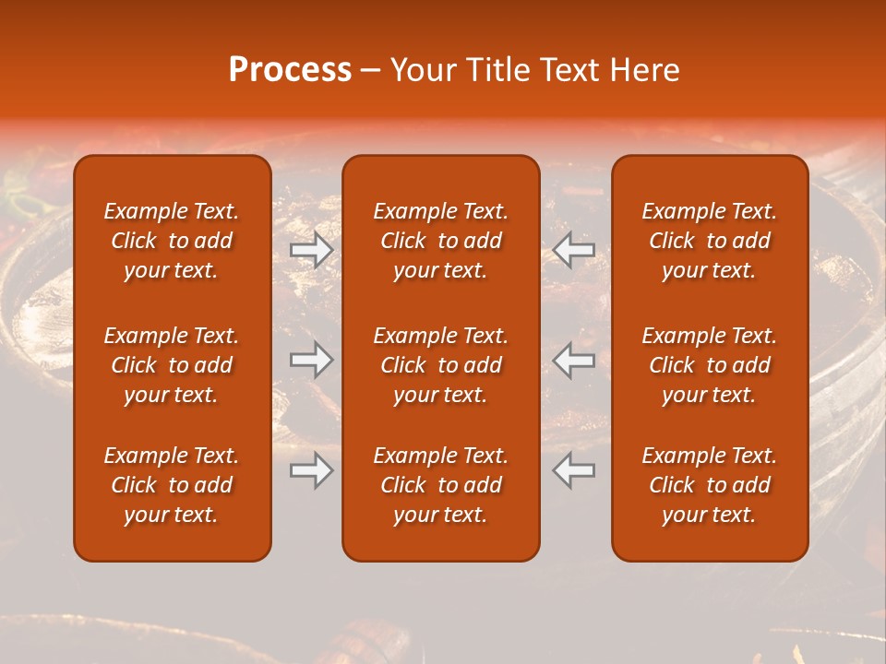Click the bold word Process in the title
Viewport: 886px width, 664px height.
tap(290, 69)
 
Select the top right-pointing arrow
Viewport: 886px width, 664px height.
tap(311, 249)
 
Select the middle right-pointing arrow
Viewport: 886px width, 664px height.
tap(311, 360)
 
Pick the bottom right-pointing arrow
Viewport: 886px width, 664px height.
tap(311, 470)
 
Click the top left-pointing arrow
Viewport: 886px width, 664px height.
tap(574, 249)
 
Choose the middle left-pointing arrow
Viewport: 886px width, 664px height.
tap(574, 360)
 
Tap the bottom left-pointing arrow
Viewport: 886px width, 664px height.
tap(574, 470)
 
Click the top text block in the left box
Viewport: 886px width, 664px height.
tap(172, 241)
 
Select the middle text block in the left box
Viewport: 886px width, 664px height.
tap(172, 365)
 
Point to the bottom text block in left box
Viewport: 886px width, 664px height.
tap(172, 485)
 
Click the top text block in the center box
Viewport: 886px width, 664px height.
tap(440, 241)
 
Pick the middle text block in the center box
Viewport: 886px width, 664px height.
tap(440, 365)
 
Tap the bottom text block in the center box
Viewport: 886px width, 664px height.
tap(440, 485)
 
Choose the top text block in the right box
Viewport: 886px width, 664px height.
tap(709, 241)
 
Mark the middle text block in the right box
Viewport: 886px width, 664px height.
tap(709, 365)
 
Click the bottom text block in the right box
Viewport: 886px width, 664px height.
tap(709, 485)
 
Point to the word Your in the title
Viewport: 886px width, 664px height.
tap(422, 69)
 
